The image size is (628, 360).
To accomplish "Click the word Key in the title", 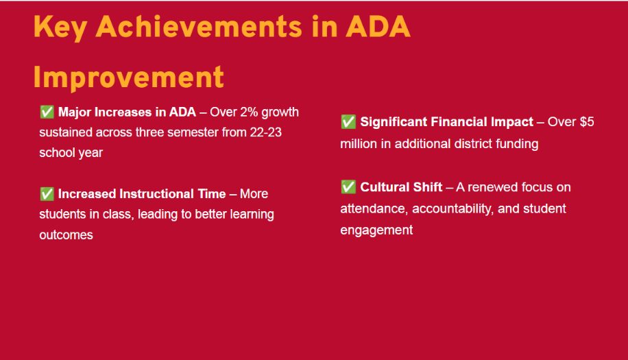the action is point(60,27).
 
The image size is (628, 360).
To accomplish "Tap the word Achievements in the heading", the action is point(199,27).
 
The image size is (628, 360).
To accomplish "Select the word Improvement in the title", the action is point(129,77).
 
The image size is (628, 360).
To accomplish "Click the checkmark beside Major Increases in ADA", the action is point(47,112).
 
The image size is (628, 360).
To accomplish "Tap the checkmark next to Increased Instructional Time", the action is point(47,194).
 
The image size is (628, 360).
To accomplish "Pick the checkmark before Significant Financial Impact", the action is point(348,121).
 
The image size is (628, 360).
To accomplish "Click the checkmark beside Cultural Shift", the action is point(348,187).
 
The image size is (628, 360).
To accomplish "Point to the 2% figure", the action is point(249,112).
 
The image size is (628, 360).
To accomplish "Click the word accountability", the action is point(453,208).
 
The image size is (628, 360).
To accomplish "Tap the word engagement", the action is point(376,230).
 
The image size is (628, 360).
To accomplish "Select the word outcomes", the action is point(66,235).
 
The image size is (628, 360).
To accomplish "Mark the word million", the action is point(359,144).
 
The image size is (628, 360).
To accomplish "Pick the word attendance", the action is point(374,208).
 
